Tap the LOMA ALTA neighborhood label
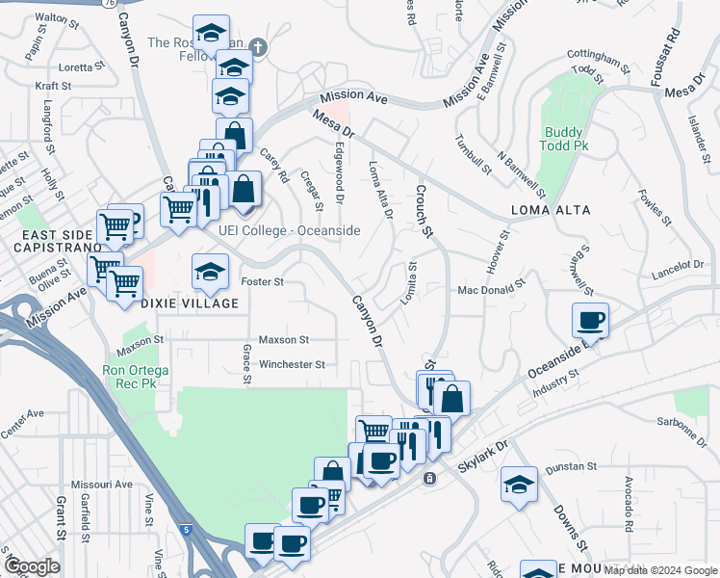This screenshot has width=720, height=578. (553, 209)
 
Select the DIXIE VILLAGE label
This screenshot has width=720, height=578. (190, 303)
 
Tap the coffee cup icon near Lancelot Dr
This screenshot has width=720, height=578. (590, 320)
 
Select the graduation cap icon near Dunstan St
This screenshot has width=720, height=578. (519, 484)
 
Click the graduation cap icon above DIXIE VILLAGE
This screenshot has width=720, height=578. (210, 272)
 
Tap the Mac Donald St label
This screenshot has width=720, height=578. (491, 287)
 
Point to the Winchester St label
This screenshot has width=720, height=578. (291, 365)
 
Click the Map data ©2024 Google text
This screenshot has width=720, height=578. (659, 570)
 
